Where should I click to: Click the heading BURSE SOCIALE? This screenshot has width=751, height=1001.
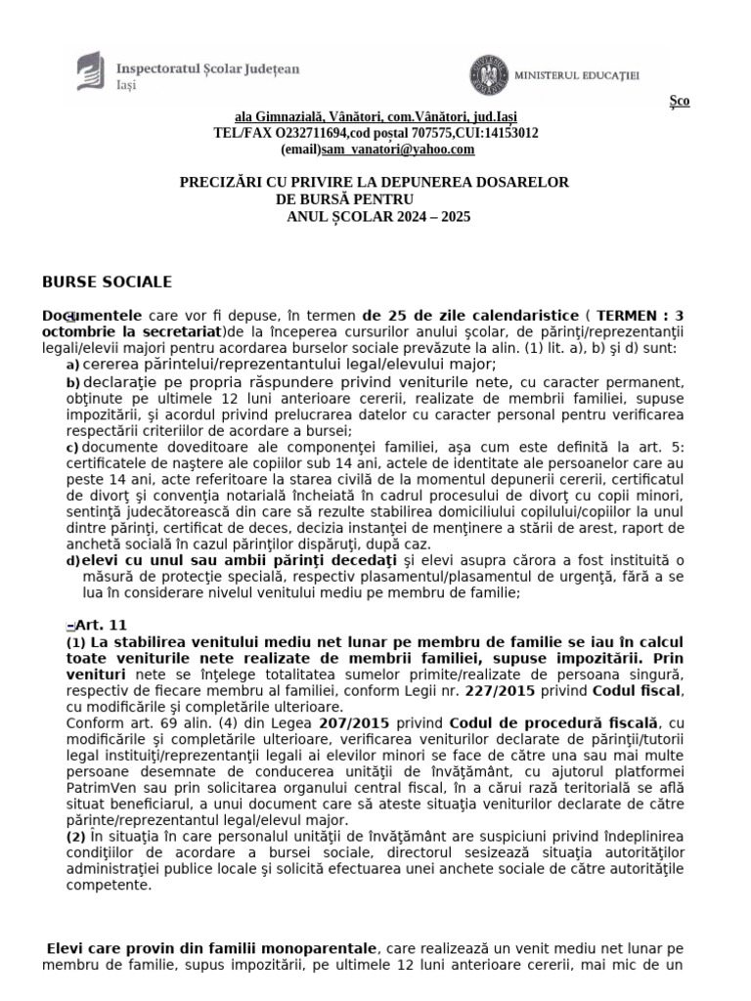click(x=107, y=283)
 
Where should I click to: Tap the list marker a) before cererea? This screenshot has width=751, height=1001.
click(x=72, y=365)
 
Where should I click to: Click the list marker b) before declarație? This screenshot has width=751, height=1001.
click(x=72, y=381)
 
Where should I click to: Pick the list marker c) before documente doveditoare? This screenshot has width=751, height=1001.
click(x=72, y=447)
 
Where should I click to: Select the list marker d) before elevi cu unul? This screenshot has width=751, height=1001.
click(x=72, y=561)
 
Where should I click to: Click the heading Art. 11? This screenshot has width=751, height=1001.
click(x=101, y=625)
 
